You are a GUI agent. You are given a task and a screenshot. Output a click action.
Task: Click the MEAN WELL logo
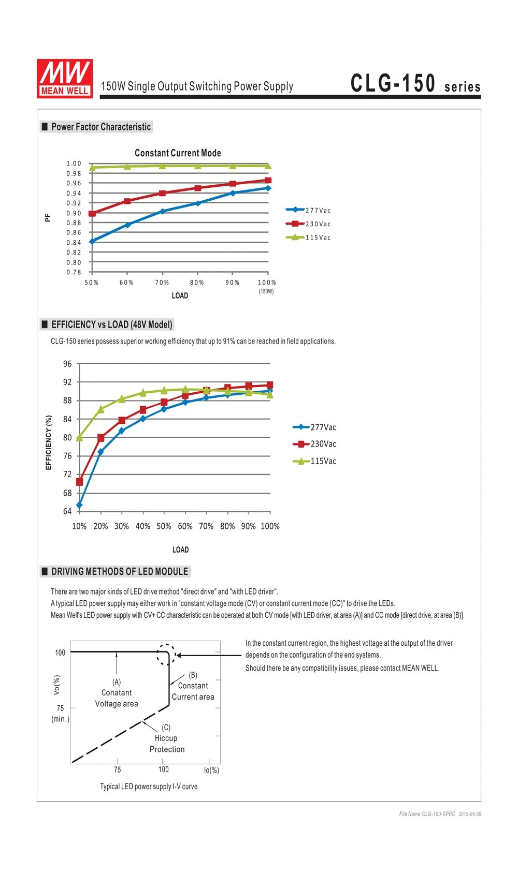(65, 79)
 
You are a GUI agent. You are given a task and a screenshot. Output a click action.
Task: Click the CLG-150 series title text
(415, 83)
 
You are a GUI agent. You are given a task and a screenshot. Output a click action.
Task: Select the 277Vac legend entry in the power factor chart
(308, 210)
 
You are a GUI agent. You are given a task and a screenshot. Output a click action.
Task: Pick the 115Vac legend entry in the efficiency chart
(314, 461)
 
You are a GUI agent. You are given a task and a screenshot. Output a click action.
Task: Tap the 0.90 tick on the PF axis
(74, 213)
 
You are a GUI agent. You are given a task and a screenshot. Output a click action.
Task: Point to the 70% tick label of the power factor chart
(162, 282)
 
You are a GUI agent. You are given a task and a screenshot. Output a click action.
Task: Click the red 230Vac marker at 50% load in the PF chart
(92, 213)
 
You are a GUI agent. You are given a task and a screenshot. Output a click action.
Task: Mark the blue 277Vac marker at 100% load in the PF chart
(268, 188)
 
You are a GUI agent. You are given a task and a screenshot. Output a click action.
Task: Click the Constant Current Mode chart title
(178, 153)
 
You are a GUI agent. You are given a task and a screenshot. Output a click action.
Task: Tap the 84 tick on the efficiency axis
(67, 419)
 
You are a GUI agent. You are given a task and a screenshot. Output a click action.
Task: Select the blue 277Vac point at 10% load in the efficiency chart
(79, 505)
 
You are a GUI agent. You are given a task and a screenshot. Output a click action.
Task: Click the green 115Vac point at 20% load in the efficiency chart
(101, 409)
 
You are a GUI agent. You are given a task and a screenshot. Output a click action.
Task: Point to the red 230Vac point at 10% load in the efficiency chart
(79, 482)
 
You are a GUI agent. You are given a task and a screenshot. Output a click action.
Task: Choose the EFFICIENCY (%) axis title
(49, 442)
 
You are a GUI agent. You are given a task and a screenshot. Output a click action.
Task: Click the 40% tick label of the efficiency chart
(142, 526)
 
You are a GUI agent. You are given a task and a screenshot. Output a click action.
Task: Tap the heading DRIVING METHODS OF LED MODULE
(120, 572)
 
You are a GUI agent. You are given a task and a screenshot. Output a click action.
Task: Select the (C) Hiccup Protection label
(167, 738)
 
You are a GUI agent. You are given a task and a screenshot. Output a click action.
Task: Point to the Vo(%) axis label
(56, 685)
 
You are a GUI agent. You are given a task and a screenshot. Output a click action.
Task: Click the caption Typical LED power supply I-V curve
(149, 786)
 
